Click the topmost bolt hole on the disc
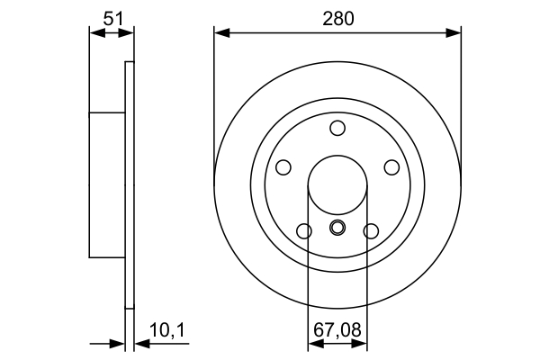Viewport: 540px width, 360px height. (337, 127)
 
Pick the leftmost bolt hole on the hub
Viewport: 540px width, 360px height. (283, 167)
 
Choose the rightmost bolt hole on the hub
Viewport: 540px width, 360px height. (392, 167)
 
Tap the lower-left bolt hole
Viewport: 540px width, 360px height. (304, 231)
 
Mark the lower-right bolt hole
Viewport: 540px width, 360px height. (371, 231)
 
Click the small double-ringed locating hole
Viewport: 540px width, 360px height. (337, 227)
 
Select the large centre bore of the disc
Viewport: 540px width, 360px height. (337, 184)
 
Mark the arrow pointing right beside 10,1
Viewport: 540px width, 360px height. (117, 343)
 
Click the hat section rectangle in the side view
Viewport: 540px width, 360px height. (106, 184)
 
